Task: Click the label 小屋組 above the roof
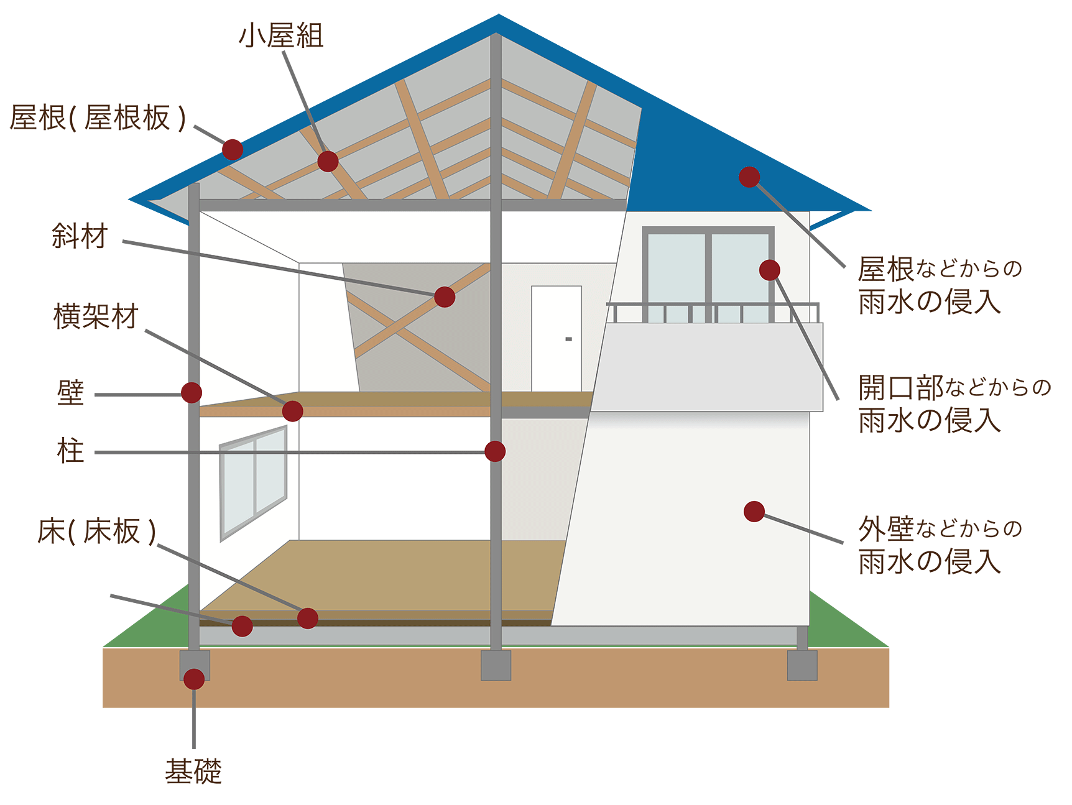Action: pyautogui.click(x=281, y=35)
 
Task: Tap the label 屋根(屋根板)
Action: pyautogui.click(x=98, y=117)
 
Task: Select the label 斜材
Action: pyautogui.click(x=80, y=236)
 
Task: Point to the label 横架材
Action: pyautogui.click(x=96, y=316)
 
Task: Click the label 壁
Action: pyautogui.click(x=70, y=393)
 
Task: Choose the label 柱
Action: pyautogui.click(x=70, y=451)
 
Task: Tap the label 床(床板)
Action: pyautogui.click(x=96, y=531)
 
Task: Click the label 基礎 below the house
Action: pyautogui.click(x=193, y=771)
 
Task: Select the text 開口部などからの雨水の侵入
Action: pyautogui.click(x=953, y=404)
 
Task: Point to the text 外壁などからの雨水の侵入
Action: pyautogui.click(x=940, y=545)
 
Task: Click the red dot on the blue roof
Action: pyautogui.click(x=749, y=177)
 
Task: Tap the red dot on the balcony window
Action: pyautogui.click(x=769, y=270)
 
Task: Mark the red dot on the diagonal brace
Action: pyautogui.click(x=445, y=297)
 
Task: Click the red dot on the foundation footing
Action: pyautogui.click(x=194, y=679)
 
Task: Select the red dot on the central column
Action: pyautogui.click(x=495, y=451)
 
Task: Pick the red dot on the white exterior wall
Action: pyautogui.click(x=754, y=512)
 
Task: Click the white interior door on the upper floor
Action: pyautogui.click(x=556, y=339)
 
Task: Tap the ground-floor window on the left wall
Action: pyautogui.click(x=253, y=482)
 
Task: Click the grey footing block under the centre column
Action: pyautogui.click(x=496, y=665)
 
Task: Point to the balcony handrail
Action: pyautogui.click(x=713, y=304)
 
